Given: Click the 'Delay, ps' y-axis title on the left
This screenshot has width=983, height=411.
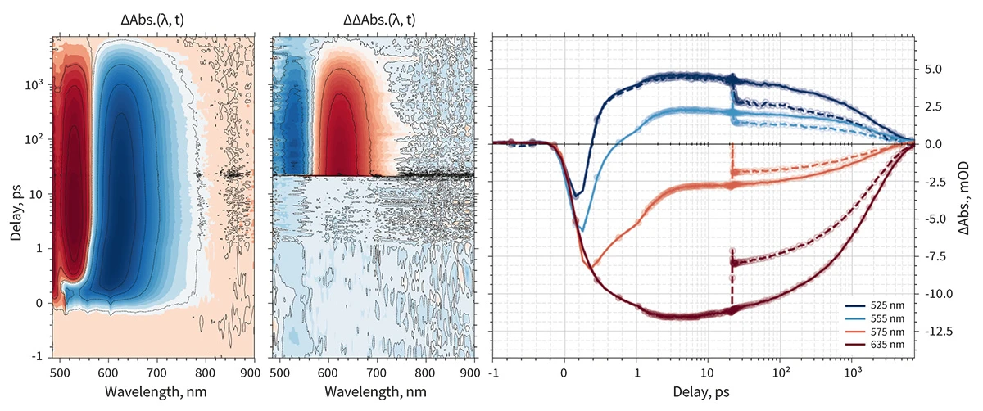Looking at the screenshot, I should pyautogui.click(x=16, y=195).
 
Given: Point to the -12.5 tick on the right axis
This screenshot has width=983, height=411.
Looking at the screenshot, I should pyautogui.click(x=935, y=332).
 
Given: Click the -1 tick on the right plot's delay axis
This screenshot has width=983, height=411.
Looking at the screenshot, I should pyautogui.click(x=493, y=371).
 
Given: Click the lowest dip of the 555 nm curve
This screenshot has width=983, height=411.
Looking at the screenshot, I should pyautogui.click(x=582, y=231).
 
